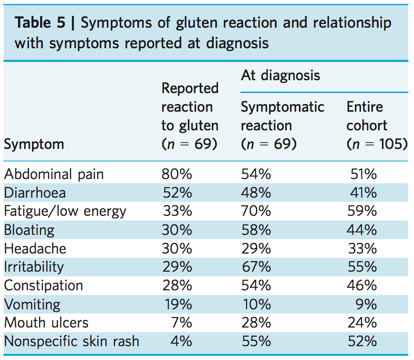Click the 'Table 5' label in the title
[x=40, y=23]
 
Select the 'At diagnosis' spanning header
[x=280, y=75]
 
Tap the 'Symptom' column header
[x=34, y=144]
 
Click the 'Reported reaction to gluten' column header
[x=190, y=116]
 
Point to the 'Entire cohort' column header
[x=376, y=125]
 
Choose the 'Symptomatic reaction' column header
[x=282, y=125]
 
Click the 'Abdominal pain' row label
[x=54, y=174]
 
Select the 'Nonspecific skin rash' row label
[x=72, y=341]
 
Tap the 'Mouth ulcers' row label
[x=46, y=323]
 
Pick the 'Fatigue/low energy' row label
[x=65, y=211]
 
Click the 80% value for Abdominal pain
[x=177, y=174]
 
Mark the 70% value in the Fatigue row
[x=256, y=211]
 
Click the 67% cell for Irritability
[x=256, y=267]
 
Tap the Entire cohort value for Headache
[x=362, y=248]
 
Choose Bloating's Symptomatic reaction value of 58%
[x=256, y=230]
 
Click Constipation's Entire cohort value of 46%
[x=362, y=286]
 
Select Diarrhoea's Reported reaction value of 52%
[x=177, y=192]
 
